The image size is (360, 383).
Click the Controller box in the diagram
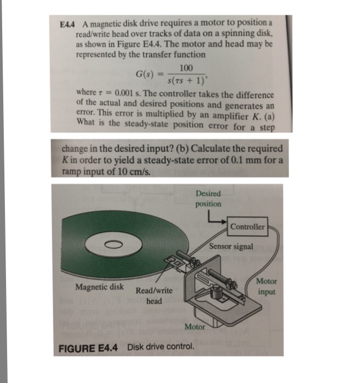coord(247,226)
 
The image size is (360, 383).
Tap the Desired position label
coord(208,198)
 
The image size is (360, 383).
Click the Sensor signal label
coord(231,247)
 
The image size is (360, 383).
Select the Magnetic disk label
coord(99,287)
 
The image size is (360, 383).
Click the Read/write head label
coord(154,296)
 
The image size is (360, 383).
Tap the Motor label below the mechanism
coord(195,327)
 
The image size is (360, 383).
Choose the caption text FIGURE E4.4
coord(90,347)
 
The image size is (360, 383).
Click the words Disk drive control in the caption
coord(161,347)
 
